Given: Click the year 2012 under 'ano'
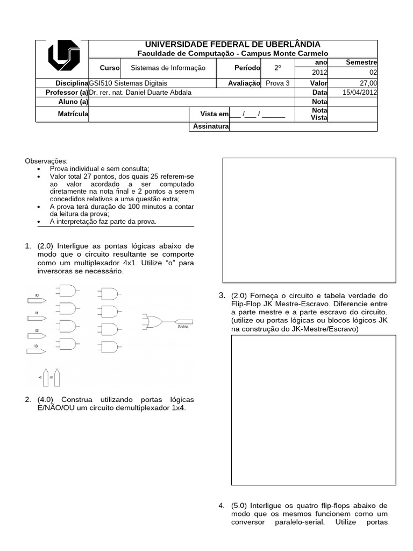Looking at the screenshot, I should coord(319,73).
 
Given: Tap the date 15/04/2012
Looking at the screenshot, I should coord(360,92).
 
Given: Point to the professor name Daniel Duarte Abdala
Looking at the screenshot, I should coord(140,92).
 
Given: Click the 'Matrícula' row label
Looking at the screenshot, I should coord(73,114).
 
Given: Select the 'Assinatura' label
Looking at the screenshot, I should coord(210,127).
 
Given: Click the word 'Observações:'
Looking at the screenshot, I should coord(47,161).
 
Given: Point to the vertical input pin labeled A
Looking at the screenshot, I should coord(47,378).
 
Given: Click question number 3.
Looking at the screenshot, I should coord(222,295).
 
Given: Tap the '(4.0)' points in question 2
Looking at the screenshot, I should coord(46,400).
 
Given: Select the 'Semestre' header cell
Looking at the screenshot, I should coord(361,62).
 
